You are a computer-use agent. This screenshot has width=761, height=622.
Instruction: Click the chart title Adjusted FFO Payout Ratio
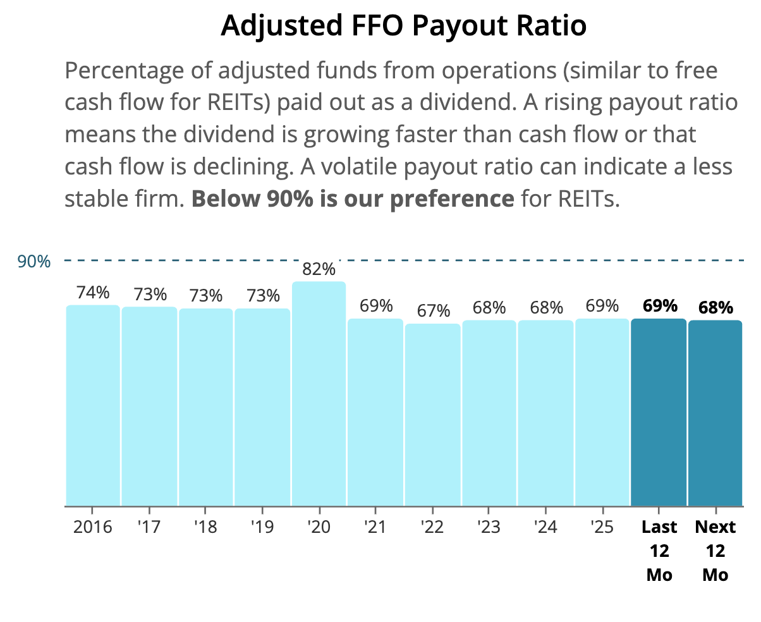coord(403,26)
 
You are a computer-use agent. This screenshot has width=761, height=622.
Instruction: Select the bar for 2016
coord(93,406)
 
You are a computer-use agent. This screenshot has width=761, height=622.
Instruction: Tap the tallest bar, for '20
coord(319,394)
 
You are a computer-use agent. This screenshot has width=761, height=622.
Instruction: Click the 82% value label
coord(319,269)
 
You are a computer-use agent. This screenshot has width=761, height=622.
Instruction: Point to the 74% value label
coord(93,292)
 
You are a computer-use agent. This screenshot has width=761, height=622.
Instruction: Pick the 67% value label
coord(433,310)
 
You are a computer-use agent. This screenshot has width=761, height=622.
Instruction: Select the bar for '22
coord(432,415)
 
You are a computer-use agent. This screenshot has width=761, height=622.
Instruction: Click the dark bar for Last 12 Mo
coord(659,412)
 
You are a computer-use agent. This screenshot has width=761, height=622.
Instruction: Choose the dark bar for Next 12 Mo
coord(715,413)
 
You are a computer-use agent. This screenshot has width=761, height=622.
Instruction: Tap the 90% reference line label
coord(34,261)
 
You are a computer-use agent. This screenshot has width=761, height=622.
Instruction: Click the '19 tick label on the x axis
coord(262,527)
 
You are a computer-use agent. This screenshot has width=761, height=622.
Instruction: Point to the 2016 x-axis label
coord(92,527)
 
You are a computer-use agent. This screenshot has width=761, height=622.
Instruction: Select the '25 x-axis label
coord(602,527)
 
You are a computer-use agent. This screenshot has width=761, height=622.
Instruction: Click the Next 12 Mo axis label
coord(715,551)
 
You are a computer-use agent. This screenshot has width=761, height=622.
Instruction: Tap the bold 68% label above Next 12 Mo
coord(715,307)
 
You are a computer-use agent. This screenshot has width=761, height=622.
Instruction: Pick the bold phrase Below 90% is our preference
coord(353,198)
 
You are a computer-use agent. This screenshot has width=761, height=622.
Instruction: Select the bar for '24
coord(545,413)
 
